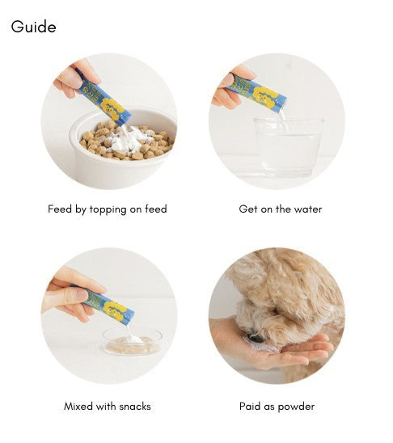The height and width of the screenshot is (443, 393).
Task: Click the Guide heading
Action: [x=33, y=27]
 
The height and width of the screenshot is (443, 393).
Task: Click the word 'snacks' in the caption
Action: [x=135, y=407]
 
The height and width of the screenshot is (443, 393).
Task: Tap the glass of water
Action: [x=289, y=147]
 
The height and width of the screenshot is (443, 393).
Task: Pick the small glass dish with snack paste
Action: [x=132, y=340]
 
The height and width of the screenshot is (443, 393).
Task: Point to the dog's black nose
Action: [x=256, y=338]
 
